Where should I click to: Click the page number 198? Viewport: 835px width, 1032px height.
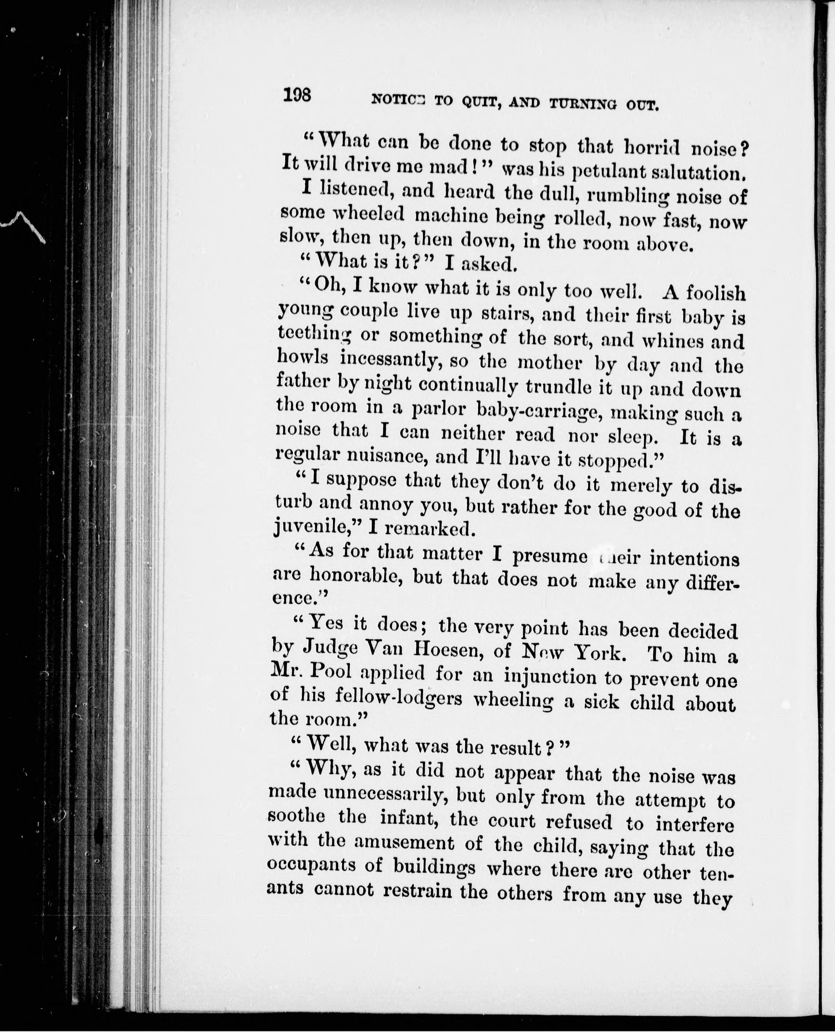pyautogui.click(x=297, y=95)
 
